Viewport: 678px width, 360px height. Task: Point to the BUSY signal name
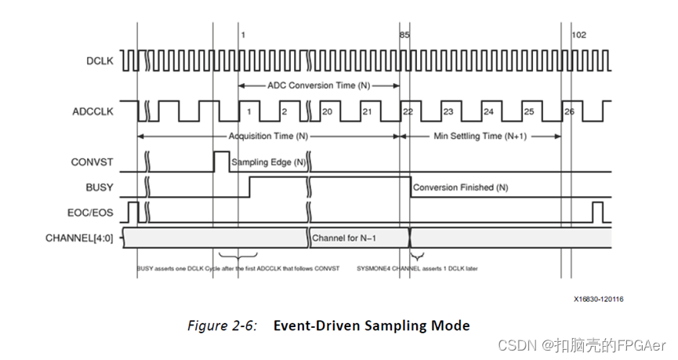(99, 188)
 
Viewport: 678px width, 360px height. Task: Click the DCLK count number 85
(404, 35)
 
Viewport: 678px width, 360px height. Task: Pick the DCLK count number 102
(578, 35)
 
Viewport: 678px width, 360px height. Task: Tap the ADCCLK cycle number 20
(327, 112)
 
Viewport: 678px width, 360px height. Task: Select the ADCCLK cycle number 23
(448, 112)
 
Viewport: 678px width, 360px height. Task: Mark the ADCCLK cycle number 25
(529, 112)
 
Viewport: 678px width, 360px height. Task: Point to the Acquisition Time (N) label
(266, 136)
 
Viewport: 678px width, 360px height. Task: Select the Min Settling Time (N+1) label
(480, 136)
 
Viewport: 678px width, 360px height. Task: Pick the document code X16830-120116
(598, 298)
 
